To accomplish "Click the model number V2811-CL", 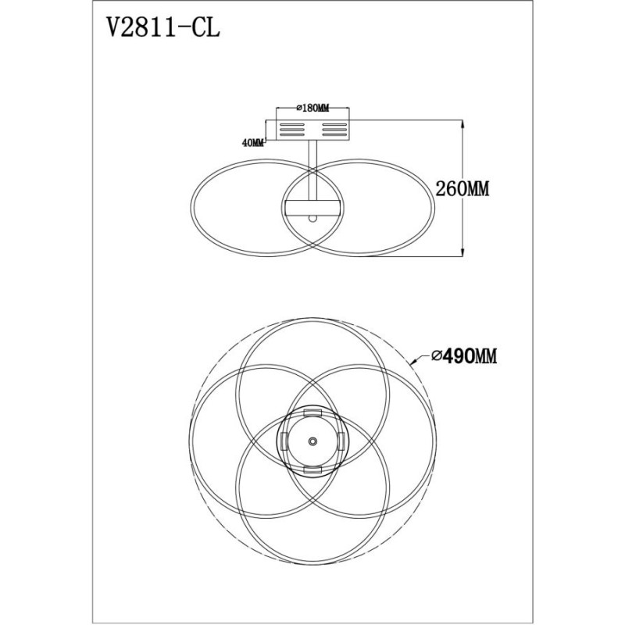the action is (x=163, y=28).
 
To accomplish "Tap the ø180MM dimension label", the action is (x=312, y=108).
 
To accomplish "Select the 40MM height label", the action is (x=253, y=143).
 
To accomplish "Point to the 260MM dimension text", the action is (x=462, y=188).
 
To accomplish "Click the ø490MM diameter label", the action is (x=464, y=356).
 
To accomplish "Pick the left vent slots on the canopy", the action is (x=292, y=130).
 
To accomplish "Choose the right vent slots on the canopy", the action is (x=334, y=130).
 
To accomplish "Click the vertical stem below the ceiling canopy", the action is (x=312, y=170).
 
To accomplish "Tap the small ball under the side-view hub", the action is (x=313, y=218).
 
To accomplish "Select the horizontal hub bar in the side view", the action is (x=312, y=208).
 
